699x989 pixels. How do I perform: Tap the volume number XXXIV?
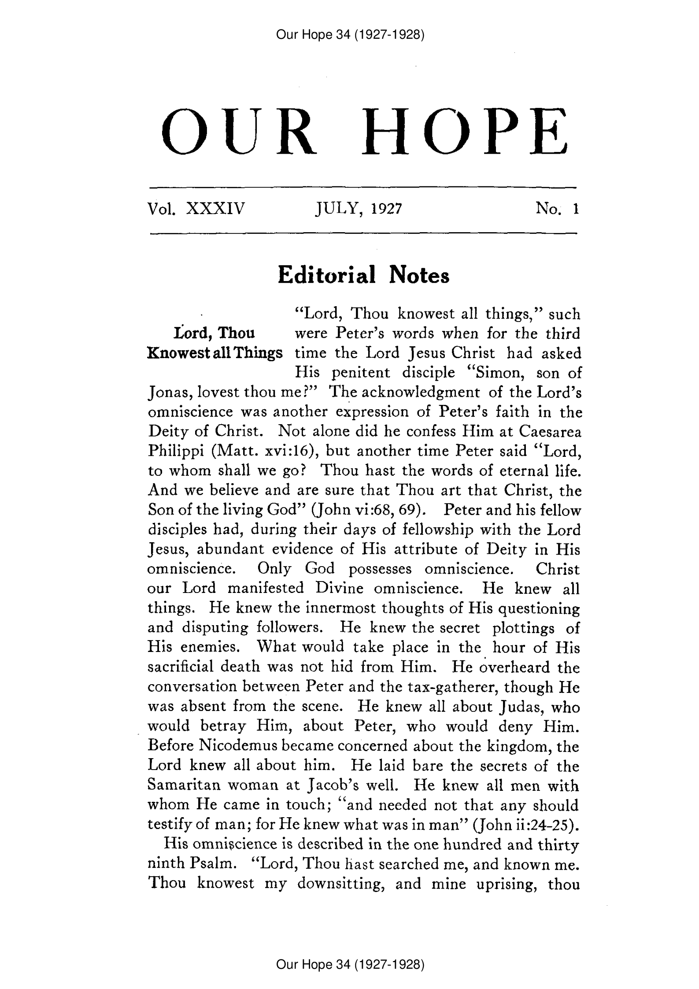215,208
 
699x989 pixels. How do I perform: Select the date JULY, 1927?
359,208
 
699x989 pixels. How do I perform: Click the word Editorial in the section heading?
327,275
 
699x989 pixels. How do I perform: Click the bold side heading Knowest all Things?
215,353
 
